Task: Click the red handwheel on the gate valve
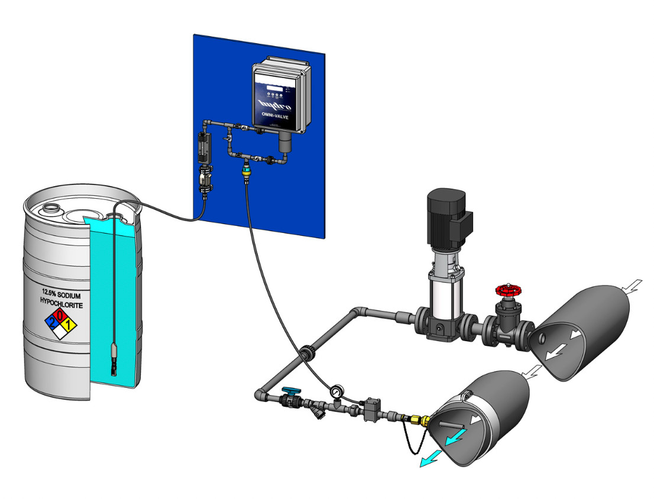click(x=506, y=291)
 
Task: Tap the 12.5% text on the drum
click(x=49, y=292)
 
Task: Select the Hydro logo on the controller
click(x=280, y=105)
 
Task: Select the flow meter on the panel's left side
click(x=203, y=148)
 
